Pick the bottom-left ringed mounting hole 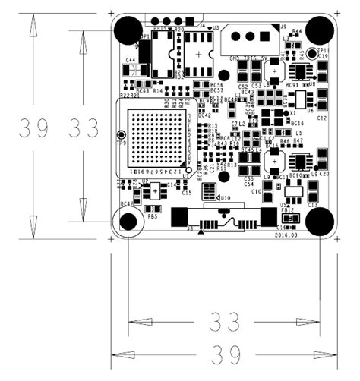coord(128,222)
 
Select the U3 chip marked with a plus coord(198,54)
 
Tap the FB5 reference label coord(153,216)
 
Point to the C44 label coord(131,59)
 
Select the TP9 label coord(120,142)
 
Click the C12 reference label coord(321,118)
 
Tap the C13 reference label coord(312,205)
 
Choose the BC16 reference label coord(297,123)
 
